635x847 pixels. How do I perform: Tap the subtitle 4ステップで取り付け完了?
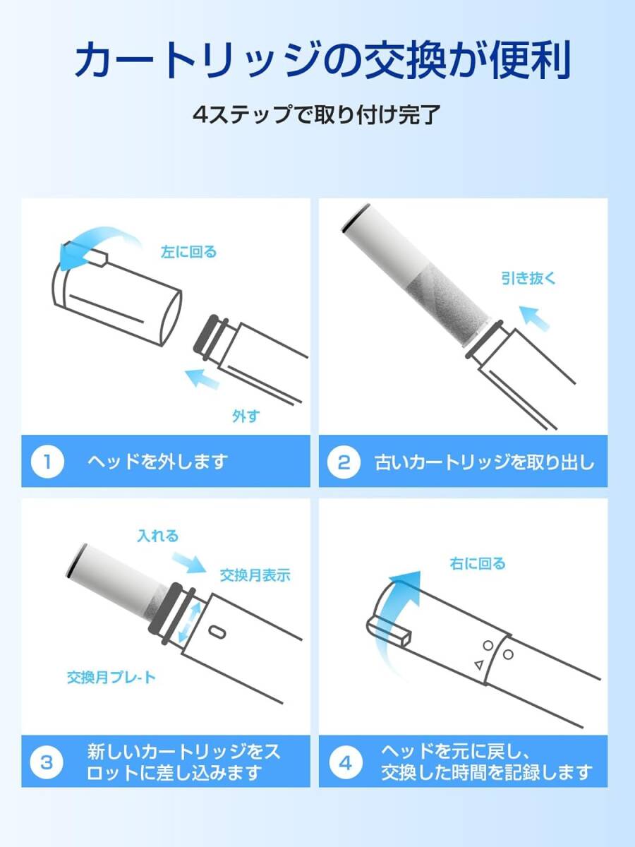(317, 114)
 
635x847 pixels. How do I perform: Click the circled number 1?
(48, 462)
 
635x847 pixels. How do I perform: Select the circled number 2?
(344, 462)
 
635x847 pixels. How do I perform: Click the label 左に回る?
(188, 252)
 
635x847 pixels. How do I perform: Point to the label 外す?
(246, 416)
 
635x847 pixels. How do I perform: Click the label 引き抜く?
(528, 277)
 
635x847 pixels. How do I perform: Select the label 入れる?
(157, 536)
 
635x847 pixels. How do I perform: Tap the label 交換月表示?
(255, 575)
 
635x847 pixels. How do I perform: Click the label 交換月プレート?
(111, 678)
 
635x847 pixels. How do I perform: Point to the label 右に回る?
(477, 563)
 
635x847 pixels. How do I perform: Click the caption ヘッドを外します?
(157, 462)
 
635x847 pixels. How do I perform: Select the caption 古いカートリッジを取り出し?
(485, 462)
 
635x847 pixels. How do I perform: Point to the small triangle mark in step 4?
(478, 664)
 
